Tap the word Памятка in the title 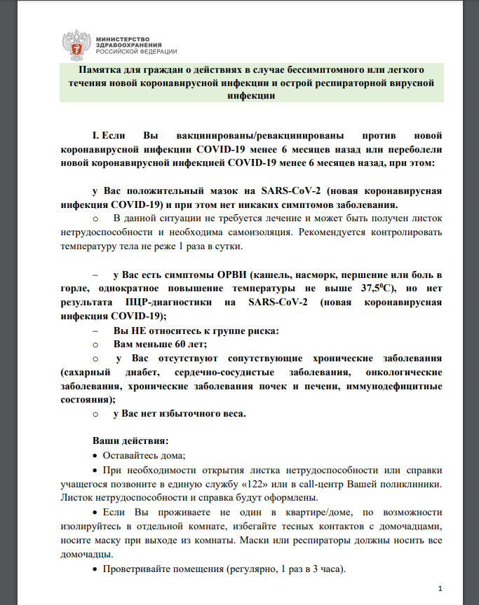tap(103, 71)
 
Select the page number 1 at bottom tap(439, 587)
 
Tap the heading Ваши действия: tap(130, 442)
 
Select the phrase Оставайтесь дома tap(143, 455)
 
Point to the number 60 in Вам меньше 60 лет tap(182, 345)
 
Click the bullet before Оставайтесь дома tap(96, 456)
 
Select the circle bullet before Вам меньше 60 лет tap(97, 345)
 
